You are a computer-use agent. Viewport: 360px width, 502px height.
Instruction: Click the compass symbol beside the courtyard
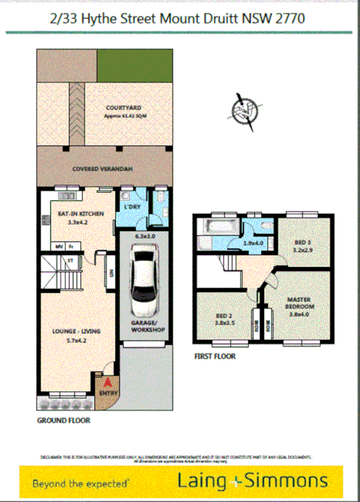click(x=241, y=109)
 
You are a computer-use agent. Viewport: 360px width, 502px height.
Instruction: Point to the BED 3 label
click(x=301, y=243)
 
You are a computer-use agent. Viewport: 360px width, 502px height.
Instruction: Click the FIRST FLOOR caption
click(x=214, y=357)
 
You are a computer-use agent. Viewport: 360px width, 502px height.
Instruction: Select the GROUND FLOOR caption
click(x=64, y=421)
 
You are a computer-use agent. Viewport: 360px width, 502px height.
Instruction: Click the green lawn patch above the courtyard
click(x=133, y=65)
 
